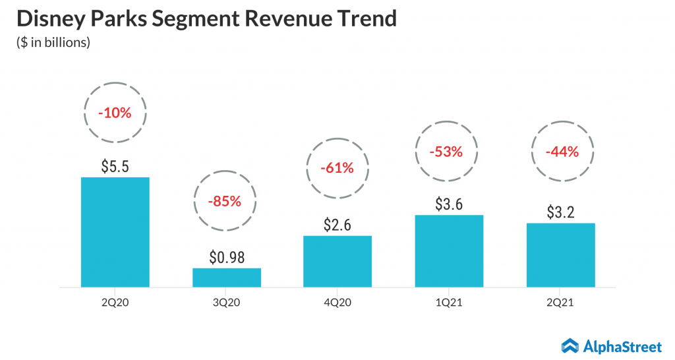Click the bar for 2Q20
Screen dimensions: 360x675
click(115, 232)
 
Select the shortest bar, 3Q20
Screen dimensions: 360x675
click(226, 278)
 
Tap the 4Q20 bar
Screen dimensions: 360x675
click(337, 261)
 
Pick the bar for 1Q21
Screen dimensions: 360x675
click(449, 251)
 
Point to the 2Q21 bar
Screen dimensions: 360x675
click(560, 255)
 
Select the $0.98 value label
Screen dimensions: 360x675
click(226, 256)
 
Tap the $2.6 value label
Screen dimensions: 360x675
click(337, 225)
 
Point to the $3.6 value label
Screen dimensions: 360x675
click(449, 204)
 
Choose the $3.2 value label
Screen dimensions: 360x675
click(560, 212)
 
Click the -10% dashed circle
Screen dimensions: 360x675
click(115, 113)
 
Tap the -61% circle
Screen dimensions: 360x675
click(337, 168)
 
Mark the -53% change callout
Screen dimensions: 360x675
click(449, 151)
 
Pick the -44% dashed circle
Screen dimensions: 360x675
click(560, 151)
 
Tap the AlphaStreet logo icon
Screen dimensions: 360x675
click(570, 345)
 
